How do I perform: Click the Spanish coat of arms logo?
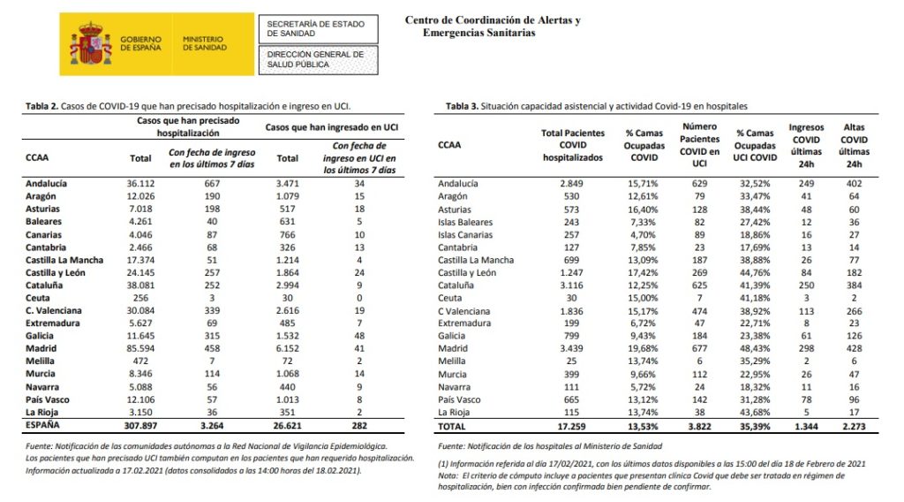[x=90, y=44]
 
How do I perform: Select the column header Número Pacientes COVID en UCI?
[x=699, y=143]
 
